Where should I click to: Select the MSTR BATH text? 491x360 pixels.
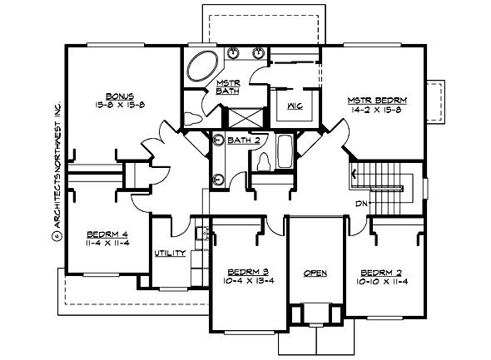click(228, 86)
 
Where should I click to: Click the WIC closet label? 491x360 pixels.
click(293, 106)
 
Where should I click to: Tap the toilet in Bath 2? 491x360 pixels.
click(264, 160)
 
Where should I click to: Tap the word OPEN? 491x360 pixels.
click(315, 273)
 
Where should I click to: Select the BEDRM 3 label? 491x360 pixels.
click(247, 272)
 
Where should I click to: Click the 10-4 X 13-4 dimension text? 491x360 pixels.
click(247, 282)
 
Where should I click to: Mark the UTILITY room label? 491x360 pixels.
click(169, 254)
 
